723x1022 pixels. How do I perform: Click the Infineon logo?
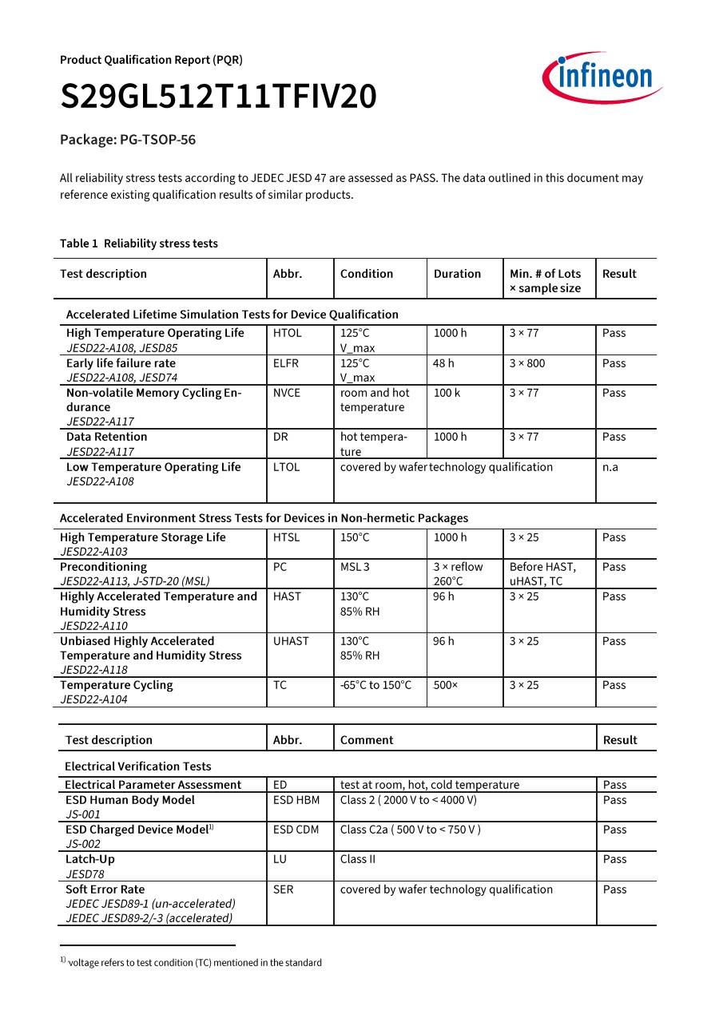(x=602, y=77)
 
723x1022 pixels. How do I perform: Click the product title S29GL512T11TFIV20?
(x=218, y=97)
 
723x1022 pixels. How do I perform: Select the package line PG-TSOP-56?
(x=128, y=140)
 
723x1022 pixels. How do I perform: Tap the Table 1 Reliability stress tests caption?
(x=139, y=244)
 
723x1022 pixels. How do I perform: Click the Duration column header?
(x=457, y=274)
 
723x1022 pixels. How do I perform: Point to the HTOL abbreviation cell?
(x=288, y=333)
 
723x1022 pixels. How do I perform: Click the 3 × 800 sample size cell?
(x=527, y=363)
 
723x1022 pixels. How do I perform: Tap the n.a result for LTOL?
(x=610, y=467)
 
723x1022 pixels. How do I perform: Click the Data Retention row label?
(x=107, y=437)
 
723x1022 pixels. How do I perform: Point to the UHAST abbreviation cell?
(x=291, y=641)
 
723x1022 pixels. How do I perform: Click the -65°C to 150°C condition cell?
(x=376, y=685)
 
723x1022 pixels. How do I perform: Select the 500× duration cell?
(x=446, y=685)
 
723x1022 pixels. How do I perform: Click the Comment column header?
(x=367, y=740)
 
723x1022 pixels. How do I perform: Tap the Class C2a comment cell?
(x=411, y=830)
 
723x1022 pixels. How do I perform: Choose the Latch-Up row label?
(x=90, y=859)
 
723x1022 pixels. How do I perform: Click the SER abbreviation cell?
(x=283, y=889)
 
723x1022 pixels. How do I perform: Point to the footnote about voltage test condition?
(x=191, y=963)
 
